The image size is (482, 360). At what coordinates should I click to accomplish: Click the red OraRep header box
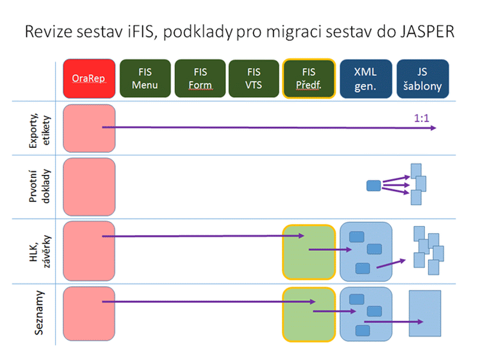[x=89, y=78]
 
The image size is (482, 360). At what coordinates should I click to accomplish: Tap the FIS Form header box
[x=199, y=78]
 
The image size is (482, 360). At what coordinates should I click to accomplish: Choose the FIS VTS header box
[x=254, y=78]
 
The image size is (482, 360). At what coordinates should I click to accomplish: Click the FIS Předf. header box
[x=308, y=78]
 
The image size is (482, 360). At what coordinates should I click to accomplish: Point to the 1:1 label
[x=421, y=119]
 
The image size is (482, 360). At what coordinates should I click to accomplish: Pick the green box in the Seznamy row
[x=308, y=314]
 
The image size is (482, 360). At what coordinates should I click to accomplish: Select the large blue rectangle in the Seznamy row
[x=426, y=314]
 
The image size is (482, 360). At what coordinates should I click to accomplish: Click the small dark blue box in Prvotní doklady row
[x=374, y=186]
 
